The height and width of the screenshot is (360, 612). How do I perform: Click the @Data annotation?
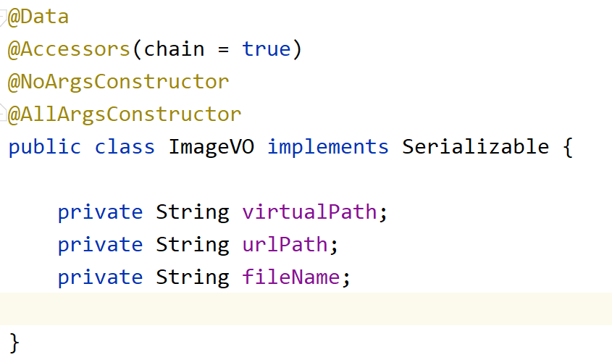click(38, 17)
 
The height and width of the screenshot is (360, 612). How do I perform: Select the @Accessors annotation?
click(69, 49)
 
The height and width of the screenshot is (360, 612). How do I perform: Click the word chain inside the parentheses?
click(174, 49)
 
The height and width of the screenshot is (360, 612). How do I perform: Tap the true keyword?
click(266, 49)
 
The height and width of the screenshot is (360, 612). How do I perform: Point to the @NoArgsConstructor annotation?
click(118, 82)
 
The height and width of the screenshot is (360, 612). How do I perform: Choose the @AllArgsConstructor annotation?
click(124, 114)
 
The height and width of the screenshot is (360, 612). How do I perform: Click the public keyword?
click(45, 147)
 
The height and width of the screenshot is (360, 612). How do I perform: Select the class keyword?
click(125, 147)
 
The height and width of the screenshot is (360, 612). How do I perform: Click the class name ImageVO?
click(211, 147)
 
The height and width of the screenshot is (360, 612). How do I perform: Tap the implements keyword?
click(327, 147)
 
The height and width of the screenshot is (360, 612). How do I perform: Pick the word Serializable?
click(475, 147)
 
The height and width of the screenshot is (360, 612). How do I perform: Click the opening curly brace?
click(567, 148)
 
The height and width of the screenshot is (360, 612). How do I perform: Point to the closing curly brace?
click(14, 343)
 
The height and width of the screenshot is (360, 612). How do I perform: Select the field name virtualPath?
click(309, 212)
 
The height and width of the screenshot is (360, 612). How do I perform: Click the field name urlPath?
click(285, 245)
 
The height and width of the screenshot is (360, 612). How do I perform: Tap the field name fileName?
click(290, 277)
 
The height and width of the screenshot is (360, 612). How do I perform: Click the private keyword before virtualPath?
click(100, 212)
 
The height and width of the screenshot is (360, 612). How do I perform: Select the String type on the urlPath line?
click(192, 245)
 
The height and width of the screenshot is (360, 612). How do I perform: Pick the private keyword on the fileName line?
click(100, 277)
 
